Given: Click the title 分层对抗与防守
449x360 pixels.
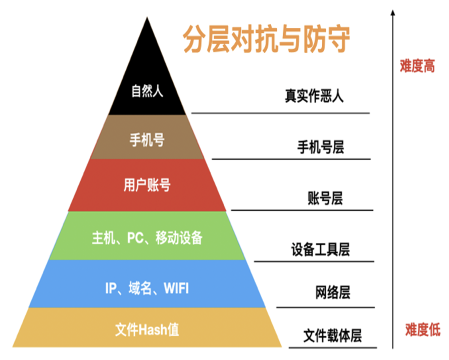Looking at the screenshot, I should (x=266, y=40).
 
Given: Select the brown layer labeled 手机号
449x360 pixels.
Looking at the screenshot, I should (x=147, y=140).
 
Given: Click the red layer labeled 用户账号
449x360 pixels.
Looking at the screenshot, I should (x=147, y=185).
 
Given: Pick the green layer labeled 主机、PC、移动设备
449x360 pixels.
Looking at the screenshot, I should (x=147, y=237).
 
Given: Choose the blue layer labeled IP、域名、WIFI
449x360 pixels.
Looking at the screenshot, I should (x=147, y=289).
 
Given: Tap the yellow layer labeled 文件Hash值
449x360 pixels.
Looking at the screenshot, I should (x=147, y=330).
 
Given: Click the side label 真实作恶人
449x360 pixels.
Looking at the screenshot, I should (x=314, y=96).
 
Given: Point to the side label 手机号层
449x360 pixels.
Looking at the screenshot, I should (x=320, y=148).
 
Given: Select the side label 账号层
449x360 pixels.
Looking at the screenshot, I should (x=325, y=198).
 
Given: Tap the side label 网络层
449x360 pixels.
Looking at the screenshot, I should (x=332, y=292).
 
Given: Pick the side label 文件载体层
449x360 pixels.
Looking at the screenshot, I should (x=332, y=335).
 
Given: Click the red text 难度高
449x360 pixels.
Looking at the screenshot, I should (x=417, y=66).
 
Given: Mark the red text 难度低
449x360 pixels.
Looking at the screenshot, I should (x=422, y=330).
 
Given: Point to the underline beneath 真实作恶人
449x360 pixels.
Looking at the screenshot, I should (x=280, y=113).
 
